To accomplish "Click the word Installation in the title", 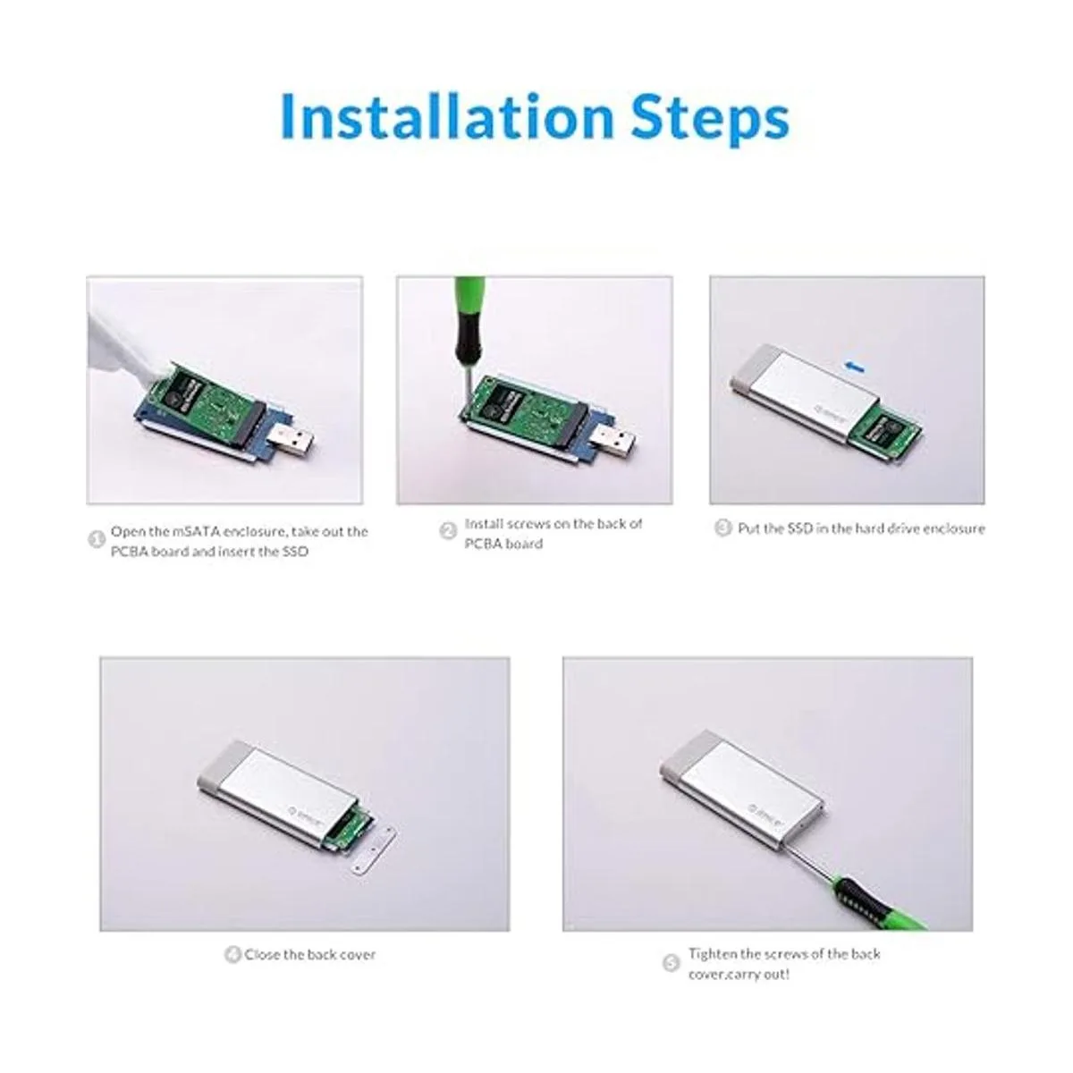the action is pyautogui.click(x=447, y=116).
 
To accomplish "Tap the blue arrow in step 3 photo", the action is pyautogui.click(x=857, y=366).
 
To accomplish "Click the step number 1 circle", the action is pyautogui.click(x=97, y=539).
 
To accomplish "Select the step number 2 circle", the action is pyautogui.click(x=448, y=530).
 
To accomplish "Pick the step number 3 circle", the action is pyautogui.click(x=722, y=528).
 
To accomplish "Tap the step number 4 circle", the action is pyautogui.click(x=232, y=955).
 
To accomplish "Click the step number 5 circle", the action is pyautogui.click(x=672, y=963).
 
